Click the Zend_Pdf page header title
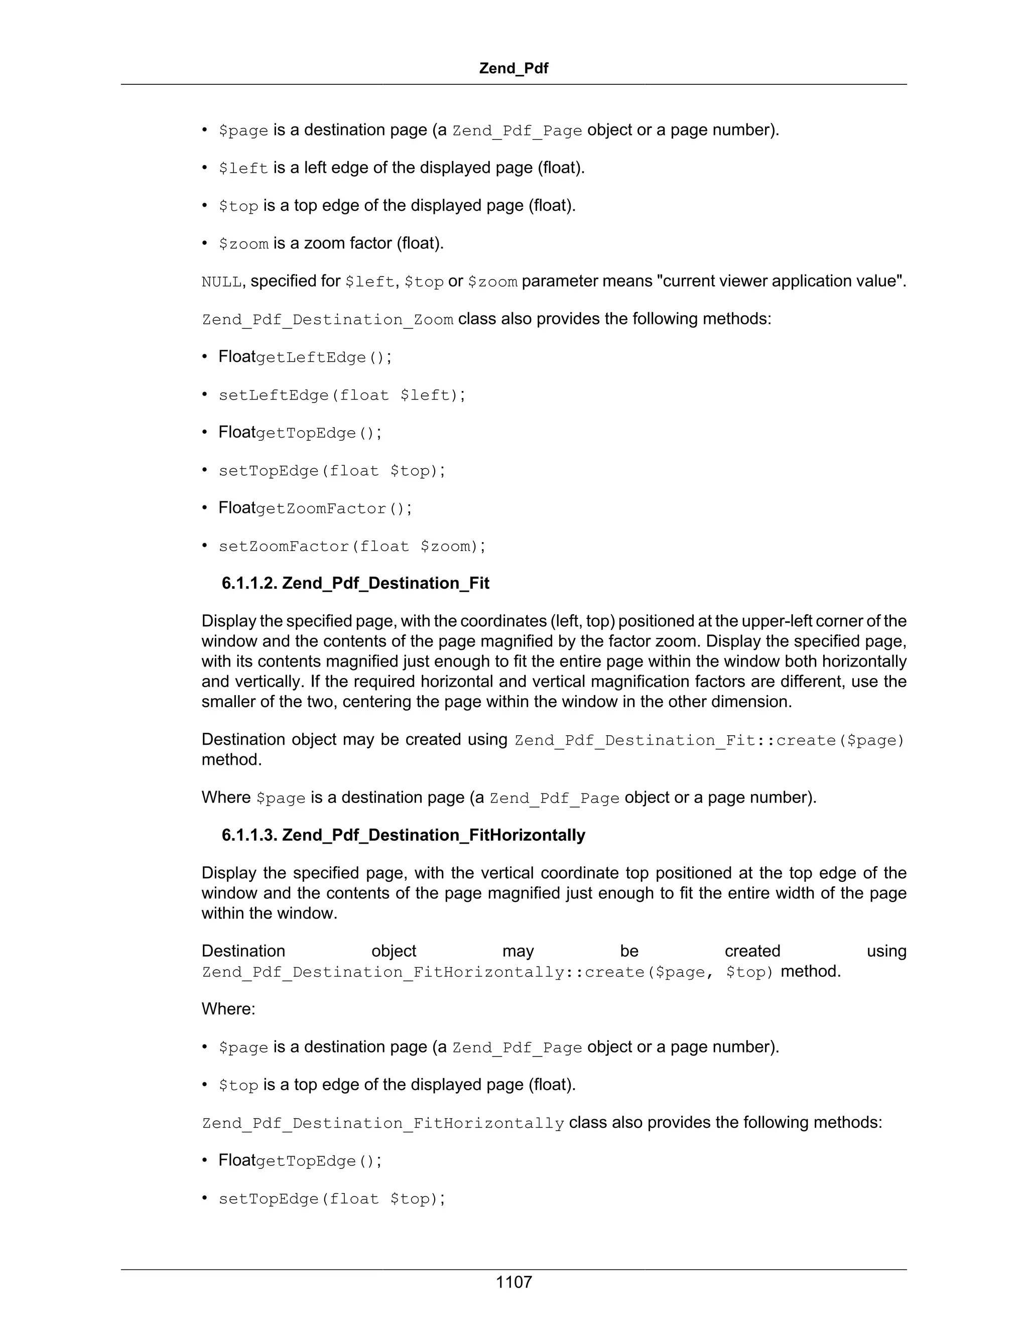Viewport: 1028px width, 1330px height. click(513, 68)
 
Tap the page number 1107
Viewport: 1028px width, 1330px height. click(513, 1282)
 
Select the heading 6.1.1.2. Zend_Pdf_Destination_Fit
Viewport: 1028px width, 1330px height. click(355, 583)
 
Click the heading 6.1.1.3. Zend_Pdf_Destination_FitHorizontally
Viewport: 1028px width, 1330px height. click(403, 835)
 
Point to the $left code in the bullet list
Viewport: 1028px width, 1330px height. click(243, 168)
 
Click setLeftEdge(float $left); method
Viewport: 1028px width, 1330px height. click(342, 395)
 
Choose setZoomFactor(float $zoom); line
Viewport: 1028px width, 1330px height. click(352, 546)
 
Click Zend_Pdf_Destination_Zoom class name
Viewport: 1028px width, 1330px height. click(327, 320)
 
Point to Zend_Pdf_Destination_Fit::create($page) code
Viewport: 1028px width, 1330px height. click(709, 740)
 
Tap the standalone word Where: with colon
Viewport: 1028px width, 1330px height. click(228, 1009)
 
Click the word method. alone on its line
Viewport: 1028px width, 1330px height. click(231, 760)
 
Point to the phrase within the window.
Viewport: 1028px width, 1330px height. click(269, 913)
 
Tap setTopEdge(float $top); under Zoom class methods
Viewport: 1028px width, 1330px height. click(332, 471)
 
